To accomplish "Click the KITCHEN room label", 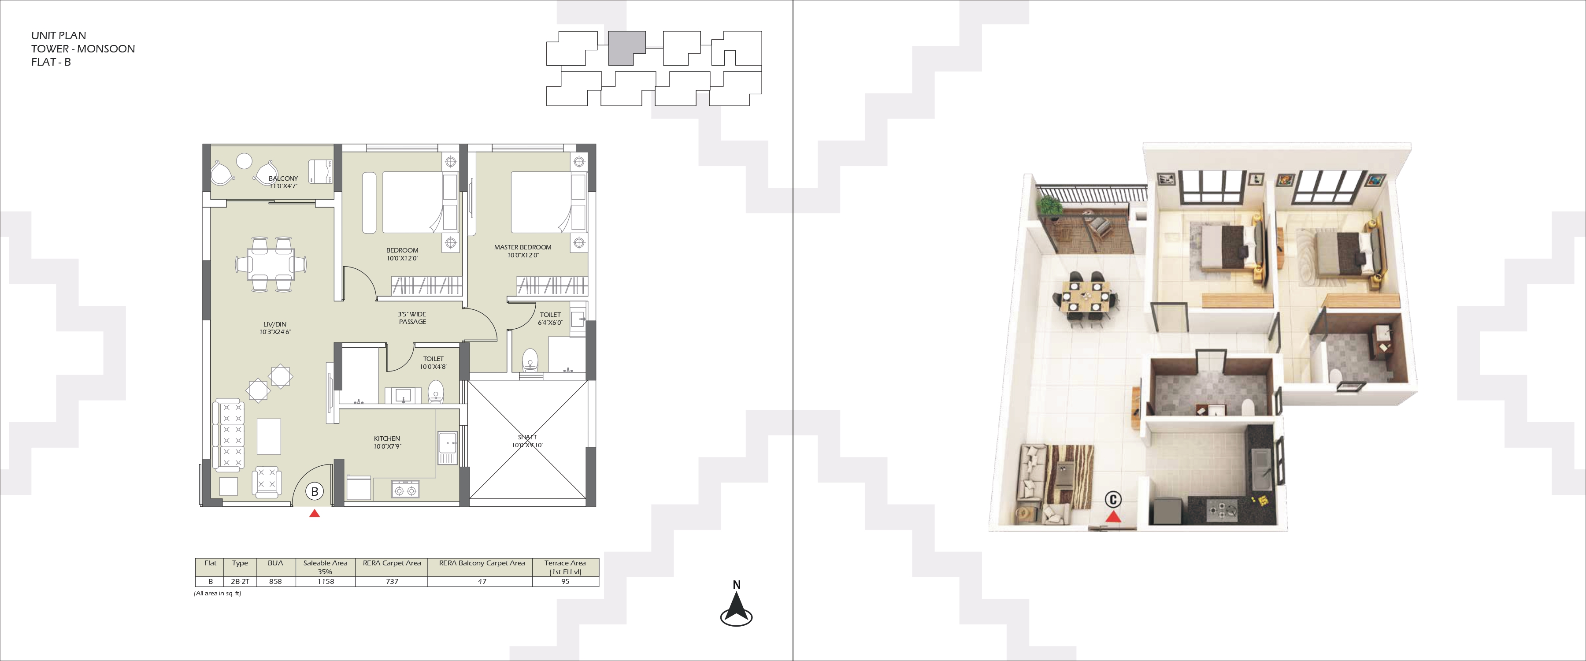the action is [387, 438].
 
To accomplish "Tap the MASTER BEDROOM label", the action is [522, 247].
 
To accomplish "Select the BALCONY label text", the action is [283, 178].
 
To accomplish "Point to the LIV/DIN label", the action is [274, 324].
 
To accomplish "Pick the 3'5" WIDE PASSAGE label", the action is [412, 318].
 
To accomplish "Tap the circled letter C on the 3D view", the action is [1112, 499].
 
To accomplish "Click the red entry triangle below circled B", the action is [315, 513].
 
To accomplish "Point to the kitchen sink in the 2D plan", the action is [448, 447].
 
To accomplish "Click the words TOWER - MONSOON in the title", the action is [83, 48].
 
